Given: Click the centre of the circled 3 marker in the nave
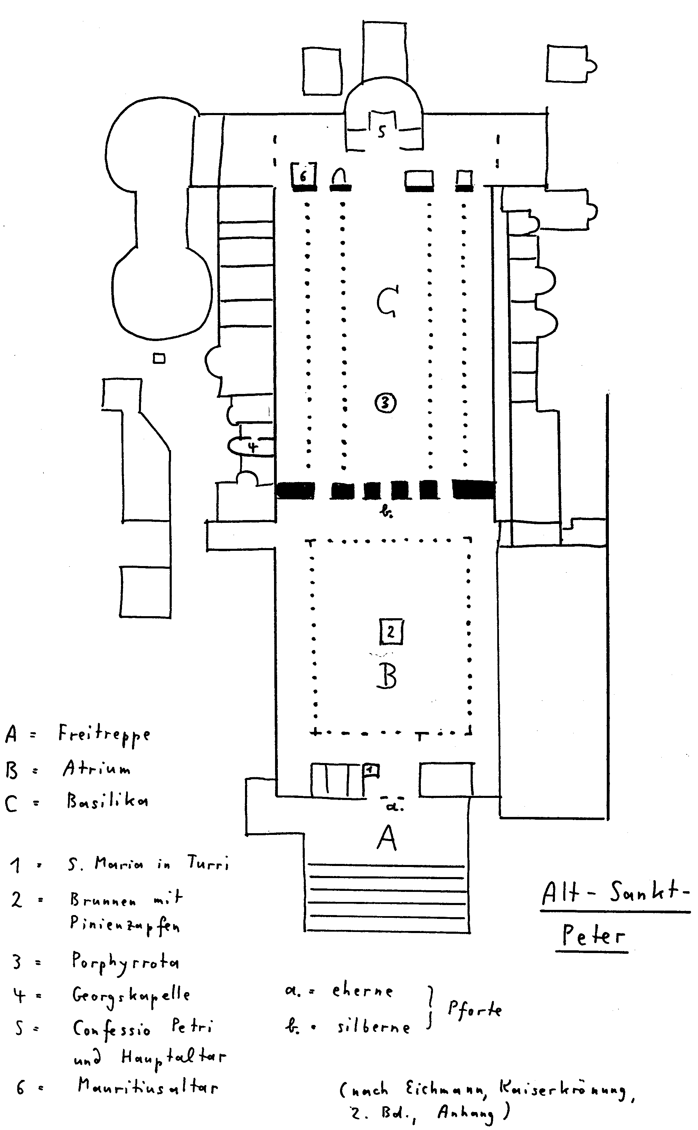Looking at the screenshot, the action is click(x=386, y=403).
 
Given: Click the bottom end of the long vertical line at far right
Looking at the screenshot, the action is click(x=607, y=819).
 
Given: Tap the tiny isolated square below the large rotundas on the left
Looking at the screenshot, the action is click(x=159, y=358).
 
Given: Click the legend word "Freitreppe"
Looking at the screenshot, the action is click(x=104, y=734).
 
